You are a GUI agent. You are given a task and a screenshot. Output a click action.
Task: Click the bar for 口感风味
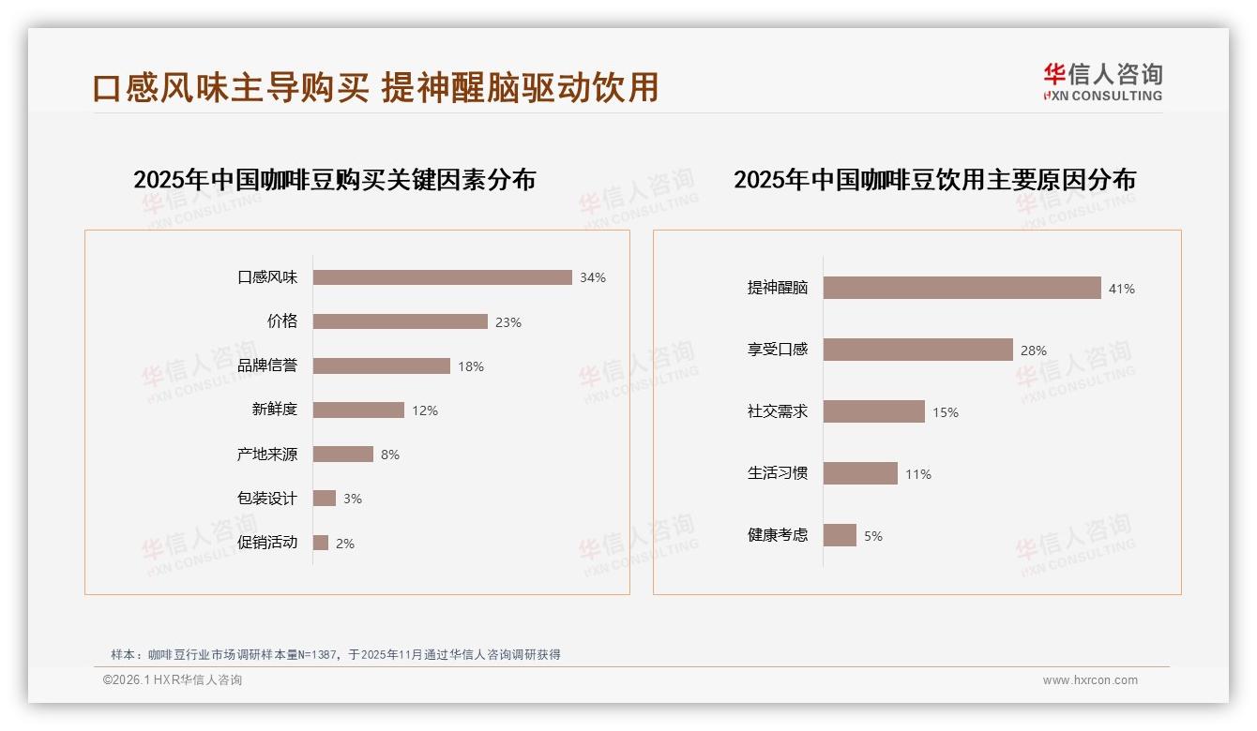442,277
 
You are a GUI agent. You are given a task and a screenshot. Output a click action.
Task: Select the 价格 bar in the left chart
400,321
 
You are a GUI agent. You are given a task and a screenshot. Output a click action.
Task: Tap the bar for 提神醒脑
962,288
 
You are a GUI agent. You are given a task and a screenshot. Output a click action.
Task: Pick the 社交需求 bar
873,411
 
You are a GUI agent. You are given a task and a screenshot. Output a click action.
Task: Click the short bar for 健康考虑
840,535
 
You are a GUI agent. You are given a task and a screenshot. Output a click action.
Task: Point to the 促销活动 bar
321,543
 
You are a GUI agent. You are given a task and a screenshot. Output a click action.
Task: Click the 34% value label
593,277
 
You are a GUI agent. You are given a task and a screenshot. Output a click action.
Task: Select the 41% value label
1122,289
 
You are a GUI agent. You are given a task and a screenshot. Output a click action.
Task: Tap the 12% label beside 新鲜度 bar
425,410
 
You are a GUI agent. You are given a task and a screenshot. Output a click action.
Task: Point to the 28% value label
1034,351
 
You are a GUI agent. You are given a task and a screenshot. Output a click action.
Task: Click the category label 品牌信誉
267,365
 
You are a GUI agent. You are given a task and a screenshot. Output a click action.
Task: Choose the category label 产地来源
267,455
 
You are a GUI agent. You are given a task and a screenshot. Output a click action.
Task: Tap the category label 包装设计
267,499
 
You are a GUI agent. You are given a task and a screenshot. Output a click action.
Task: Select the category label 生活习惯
778,473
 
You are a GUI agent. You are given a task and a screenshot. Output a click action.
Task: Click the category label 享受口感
778,350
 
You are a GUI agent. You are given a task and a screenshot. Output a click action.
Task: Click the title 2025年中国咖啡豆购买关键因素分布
334,180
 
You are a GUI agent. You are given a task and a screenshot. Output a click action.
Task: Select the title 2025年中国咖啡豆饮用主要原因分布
934,180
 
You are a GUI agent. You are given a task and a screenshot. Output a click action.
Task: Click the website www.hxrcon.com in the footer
1090,680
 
